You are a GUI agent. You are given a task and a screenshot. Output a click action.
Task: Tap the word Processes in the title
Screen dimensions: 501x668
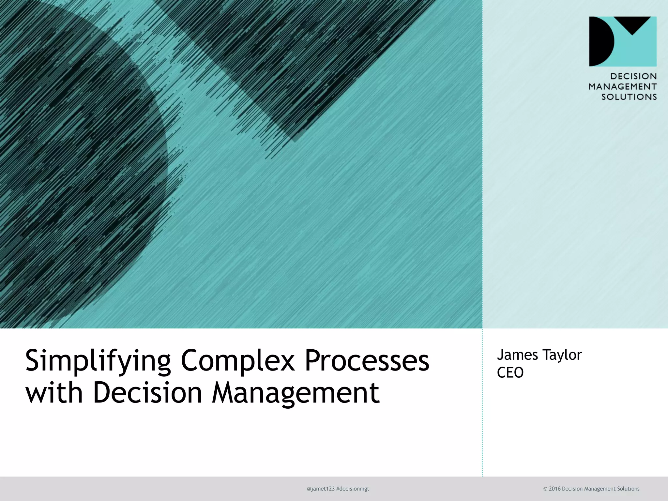click(367, 361)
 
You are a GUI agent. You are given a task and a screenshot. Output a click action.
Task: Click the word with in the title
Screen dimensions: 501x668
click(54, 392)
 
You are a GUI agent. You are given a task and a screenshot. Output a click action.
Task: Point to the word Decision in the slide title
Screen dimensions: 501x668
click(148, 392)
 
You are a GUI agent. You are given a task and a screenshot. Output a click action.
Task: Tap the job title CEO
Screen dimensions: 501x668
click(510, 372)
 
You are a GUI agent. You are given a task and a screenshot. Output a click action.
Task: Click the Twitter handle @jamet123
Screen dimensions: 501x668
click(321, 489)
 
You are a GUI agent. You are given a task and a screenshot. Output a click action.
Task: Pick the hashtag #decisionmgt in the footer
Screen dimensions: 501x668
click(353, 489)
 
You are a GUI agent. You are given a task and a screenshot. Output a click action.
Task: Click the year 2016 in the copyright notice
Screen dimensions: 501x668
click(554, 489)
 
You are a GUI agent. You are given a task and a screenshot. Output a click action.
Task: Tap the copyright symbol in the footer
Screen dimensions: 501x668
click(545, 489)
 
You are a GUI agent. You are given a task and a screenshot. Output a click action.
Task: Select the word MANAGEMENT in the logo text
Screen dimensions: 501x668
click(622, 87)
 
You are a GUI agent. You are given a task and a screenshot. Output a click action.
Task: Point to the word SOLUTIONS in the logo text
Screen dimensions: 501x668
click(629, 97)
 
